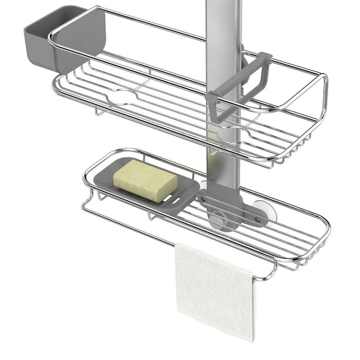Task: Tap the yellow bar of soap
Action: pos(145,179)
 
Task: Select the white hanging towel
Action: pos(213,288)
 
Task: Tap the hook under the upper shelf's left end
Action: pos(96,111)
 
